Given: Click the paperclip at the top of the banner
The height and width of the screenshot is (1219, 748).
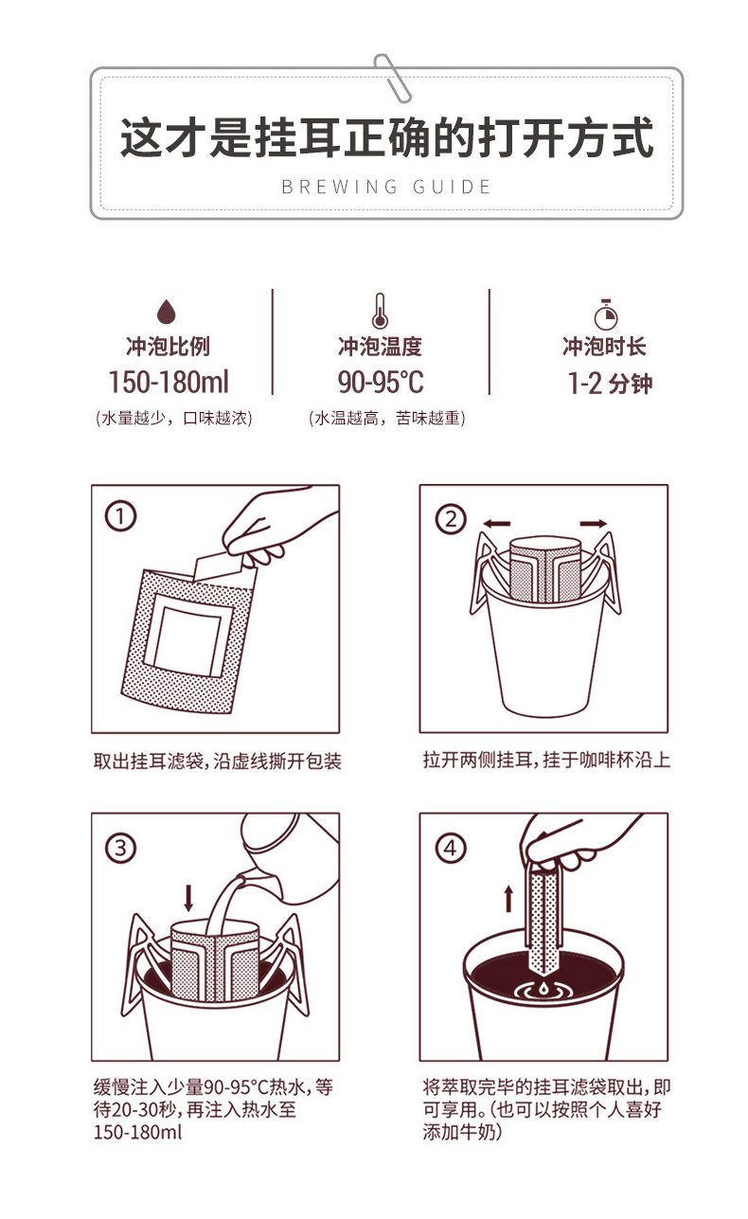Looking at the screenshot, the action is tap(392, 78).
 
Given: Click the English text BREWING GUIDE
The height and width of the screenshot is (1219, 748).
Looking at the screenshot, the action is tap(386, 187).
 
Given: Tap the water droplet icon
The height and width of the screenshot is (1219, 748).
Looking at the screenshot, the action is tap(167, 311).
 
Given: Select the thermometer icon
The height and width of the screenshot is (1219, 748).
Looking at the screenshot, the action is tap(380, 312).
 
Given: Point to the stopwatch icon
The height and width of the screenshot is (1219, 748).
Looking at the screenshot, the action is tap(605, 314).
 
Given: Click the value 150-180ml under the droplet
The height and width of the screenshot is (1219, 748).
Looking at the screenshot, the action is tap(169, 382).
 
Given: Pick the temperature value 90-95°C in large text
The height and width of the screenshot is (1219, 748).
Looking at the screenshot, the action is tap(381, 382).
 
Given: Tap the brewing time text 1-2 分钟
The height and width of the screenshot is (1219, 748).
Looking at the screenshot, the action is tap(610, 383).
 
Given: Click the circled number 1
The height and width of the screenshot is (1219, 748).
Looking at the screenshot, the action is tap(120, 516).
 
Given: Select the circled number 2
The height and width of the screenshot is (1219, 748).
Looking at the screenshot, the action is tap(451, 519).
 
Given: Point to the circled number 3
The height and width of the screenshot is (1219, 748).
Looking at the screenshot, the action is tap(120, 848).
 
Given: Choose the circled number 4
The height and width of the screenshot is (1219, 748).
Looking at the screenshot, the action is tap(451, 848).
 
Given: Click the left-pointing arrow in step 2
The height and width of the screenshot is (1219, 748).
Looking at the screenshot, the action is tap(497, 524).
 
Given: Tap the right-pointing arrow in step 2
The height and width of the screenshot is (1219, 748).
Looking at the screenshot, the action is tap(593, 524).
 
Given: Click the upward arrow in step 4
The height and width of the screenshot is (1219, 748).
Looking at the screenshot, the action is tap(508, 899).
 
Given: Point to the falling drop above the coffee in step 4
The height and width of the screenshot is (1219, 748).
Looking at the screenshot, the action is tap(543, 986).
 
